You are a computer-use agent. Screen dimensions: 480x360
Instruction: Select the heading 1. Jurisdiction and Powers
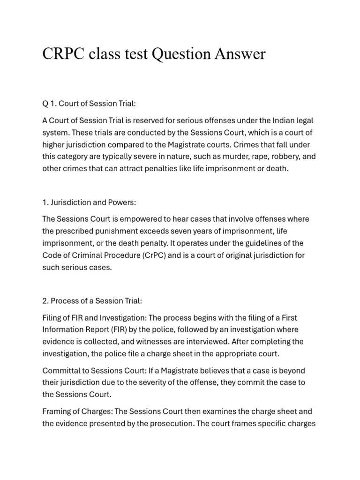89,202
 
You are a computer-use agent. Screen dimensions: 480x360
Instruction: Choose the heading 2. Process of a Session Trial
92,300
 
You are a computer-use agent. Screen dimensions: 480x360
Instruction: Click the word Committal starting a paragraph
60,370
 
